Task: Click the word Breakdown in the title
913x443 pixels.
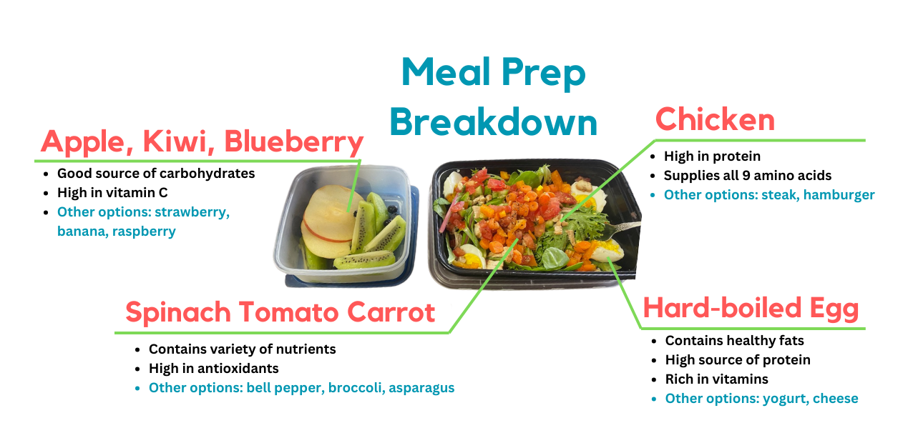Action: coord(494,121)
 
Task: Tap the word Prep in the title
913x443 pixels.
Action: coord(544,74)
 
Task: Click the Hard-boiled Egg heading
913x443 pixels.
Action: coord(751,308)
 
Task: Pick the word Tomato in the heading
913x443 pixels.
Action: coord(288,312)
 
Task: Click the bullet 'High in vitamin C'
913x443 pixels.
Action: coord(112,193)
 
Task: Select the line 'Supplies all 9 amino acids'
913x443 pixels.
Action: coord(748,176)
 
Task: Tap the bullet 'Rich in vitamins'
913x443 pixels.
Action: coord(716,379)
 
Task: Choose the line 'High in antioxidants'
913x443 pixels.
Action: coord(213,369)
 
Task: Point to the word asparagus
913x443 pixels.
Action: coord(421,388)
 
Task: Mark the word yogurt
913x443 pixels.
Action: coord(786,399)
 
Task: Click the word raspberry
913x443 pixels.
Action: coord(144,232)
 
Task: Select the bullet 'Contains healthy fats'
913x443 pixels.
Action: coord(734,340)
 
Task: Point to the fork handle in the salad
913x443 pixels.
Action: coord(625,227)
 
